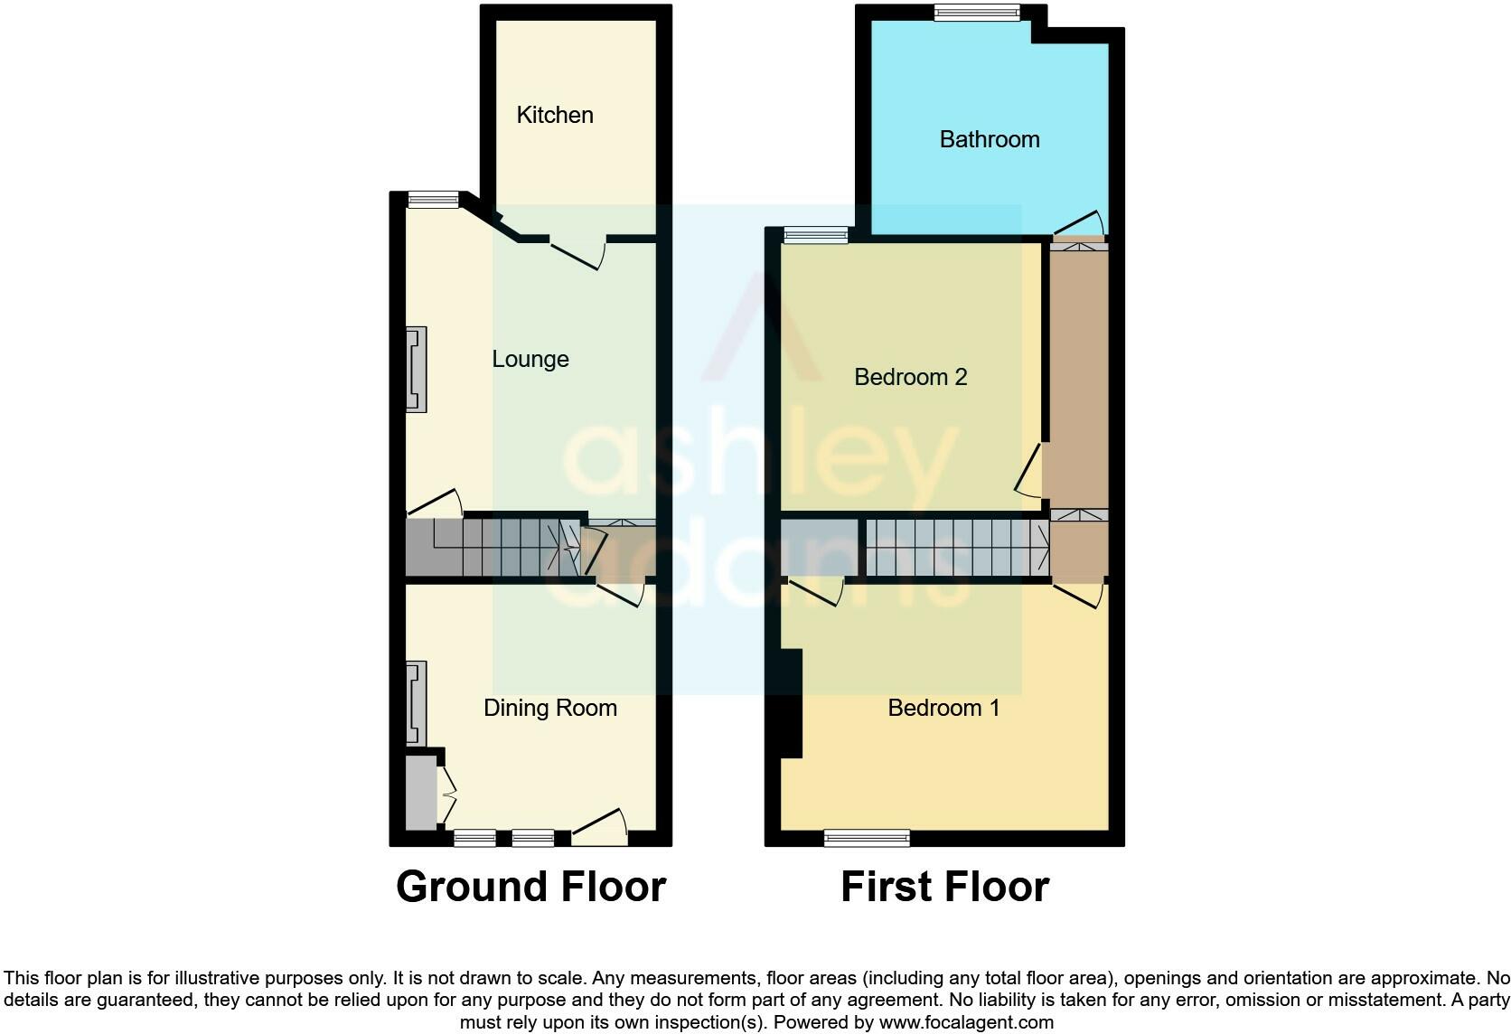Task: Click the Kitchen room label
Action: [555, 115]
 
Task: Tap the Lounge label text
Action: [530, 359]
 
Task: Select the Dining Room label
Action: [550, 708]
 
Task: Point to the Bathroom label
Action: [990, 139]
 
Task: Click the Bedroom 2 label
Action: [911, 376]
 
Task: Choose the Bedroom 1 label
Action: [943, 708]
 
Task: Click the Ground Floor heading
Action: [530, 887]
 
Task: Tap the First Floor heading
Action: [944, 887]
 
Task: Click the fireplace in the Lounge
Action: [417, 369]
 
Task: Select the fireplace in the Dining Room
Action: [417, 703]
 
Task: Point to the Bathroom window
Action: [977, 13]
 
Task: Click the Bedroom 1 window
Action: [867, 839]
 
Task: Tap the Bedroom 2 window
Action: [815, 235]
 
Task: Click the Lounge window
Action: [434, 200]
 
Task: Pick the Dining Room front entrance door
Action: [600, 827]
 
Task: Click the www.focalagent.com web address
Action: [966, 1022]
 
